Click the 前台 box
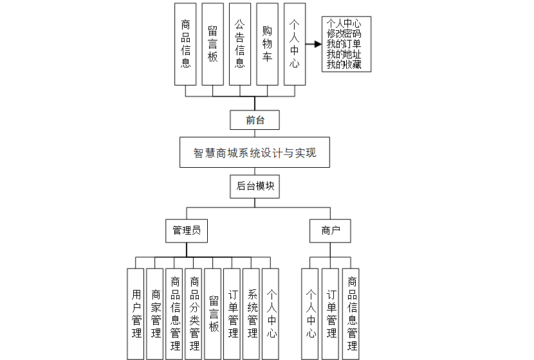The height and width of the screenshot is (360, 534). click(255, 120)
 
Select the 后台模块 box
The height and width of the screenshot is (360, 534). click(255, 186)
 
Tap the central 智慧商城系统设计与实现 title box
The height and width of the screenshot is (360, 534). click(255, 152)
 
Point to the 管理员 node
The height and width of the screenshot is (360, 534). click(187, 230)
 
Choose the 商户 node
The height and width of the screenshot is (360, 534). click(330, 230)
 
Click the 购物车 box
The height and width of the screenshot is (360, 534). click(267, 44)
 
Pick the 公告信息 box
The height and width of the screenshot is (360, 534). click(240, 44)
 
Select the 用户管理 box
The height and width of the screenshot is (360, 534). click(136, 313)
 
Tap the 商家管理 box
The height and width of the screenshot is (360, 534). click(155, 313)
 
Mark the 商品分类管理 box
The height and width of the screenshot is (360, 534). click(194, 313)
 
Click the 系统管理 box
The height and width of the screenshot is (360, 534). click(252, 313)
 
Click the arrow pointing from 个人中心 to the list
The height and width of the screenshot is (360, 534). click(313, 44)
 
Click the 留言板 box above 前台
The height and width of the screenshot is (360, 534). click(213, 44)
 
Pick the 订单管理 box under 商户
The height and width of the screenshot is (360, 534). click(331, 313)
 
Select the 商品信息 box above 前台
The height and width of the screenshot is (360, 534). click(186, 44)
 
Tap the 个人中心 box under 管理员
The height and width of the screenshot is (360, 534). click(271, 313)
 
